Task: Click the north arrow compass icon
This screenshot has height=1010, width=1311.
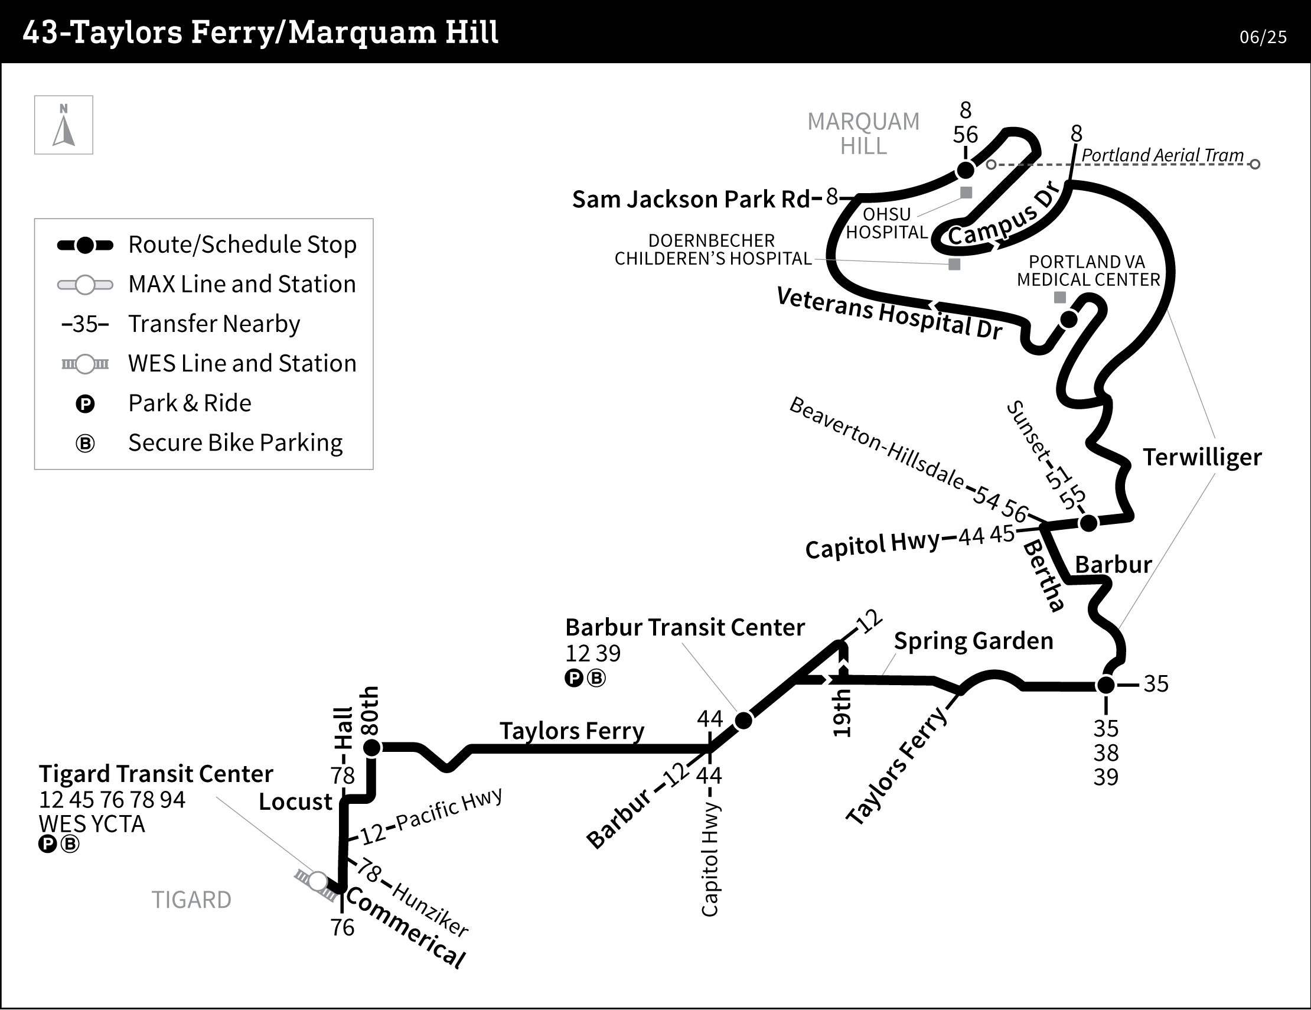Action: click(x=64, y=125)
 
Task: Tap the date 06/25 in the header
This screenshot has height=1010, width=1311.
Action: click(x=1263, y=37)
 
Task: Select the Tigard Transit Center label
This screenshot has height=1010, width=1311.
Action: click(x=156, y=774)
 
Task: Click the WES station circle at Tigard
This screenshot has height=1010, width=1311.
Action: click(x=318, y=881)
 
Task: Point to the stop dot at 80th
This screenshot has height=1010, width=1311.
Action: click(x=372, y=748)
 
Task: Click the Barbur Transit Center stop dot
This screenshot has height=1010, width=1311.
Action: click(x=743, y=720)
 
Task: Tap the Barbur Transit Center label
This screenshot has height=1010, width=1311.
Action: click(x=684, y=627)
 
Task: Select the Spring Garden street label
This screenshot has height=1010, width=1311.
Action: click(x=973, y=641)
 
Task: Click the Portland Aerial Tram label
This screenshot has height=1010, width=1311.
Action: click(x=1162, y=155)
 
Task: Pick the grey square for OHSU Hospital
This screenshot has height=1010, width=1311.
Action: click(x=966, y=193)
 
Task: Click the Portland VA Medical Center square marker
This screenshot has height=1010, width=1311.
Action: click(x=1060, y=297)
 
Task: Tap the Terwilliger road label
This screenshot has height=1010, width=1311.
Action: click(x=1202, y=458)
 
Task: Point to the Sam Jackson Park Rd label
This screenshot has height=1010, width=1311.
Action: click(x=691, y=200)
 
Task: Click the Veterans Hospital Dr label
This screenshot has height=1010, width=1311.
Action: click(x=889, y=313)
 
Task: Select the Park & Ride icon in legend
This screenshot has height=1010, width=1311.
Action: click(x=85, y=404)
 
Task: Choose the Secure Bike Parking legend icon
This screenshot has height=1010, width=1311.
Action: click(x=85, y=444)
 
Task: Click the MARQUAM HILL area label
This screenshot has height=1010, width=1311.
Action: click(x=863, y=134)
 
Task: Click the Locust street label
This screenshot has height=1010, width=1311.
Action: click(x=295, y=802)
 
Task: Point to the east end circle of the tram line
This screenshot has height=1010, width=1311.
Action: click(x=1254, y=164)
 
